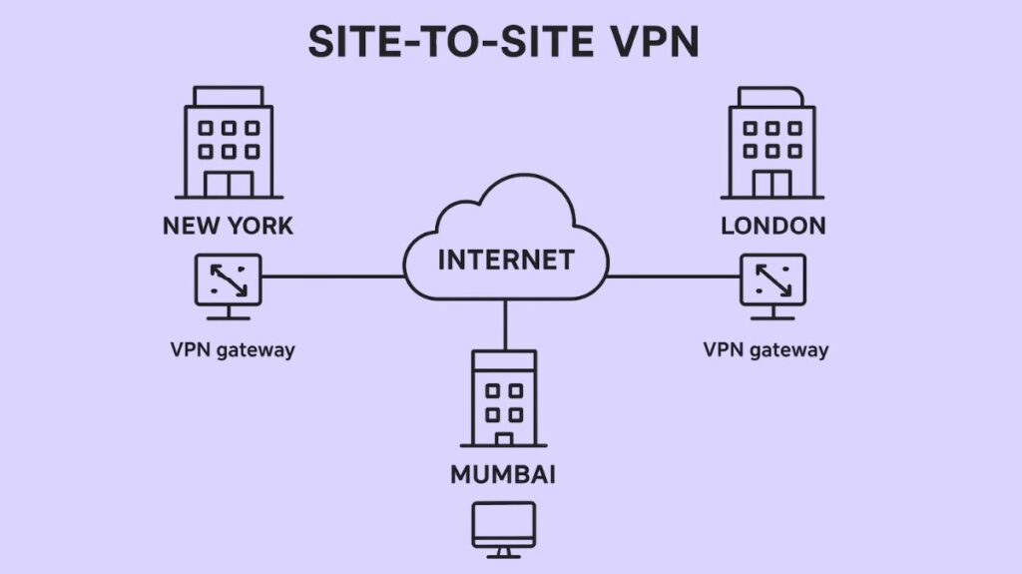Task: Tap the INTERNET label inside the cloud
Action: coord(506,260)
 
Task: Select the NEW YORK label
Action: coord(229,226)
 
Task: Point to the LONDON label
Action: coord(772,226)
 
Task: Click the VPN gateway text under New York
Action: coord(233,349)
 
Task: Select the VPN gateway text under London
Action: coord(766,349)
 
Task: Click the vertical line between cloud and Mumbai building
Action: coord(505,324)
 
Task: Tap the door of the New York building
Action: coord(229,184)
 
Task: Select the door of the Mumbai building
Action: coord(504,438)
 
